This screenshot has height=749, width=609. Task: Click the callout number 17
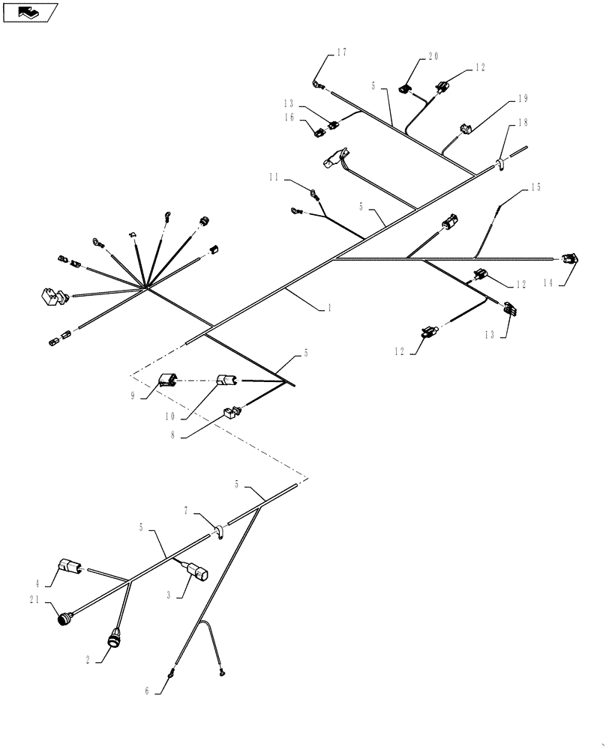pos(341,52)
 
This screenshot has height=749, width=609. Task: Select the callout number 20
pos(433,56)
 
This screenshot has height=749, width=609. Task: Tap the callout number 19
pos(523,98)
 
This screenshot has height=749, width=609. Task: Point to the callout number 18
pos(523,122)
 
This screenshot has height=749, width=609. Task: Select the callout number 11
pos(274,178)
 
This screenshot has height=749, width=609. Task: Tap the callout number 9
pos(133,396)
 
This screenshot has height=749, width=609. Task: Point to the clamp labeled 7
pos(218,531)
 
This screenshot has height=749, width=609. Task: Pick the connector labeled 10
pos(226,382)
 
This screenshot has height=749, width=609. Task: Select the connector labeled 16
pos(318,133)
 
